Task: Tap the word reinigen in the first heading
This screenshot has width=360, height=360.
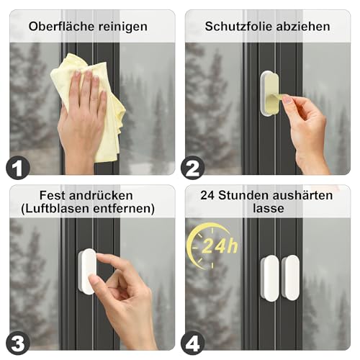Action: [122, 27]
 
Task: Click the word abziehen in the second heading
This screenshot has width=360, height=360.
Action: [304, 27]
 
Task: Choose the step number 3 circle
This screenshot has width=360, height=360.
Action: [18, 341]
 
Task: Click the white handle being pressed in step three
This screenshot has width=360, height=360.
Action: [86, 271]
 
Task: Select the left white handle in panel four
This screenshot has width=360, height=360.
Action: [270, 277]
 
